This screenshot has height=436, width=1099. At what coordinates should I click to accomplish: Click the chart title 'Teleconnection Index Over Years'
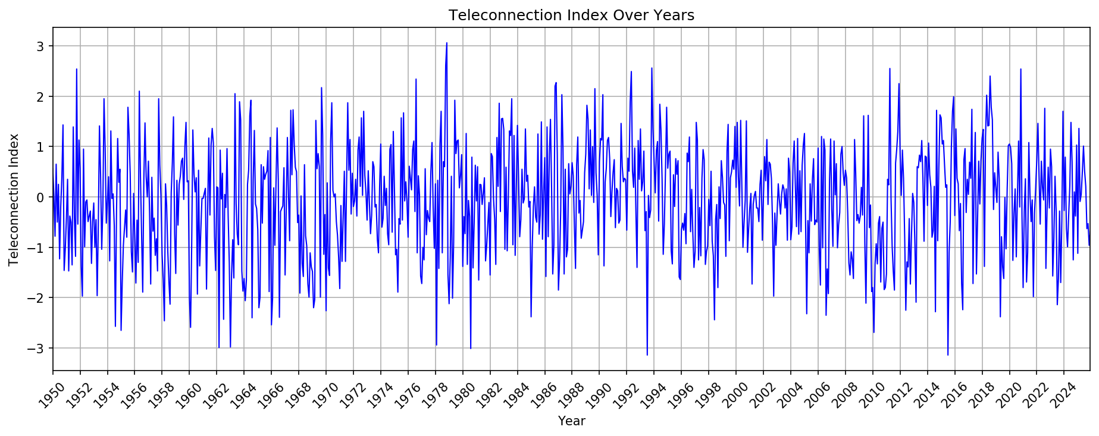[571, 15]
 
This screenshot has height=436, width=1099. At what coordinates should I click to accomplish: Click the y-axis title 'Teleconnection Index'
[14, 199]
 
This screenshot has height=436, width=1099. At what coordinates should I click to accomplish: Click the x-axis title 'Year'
[571, 422]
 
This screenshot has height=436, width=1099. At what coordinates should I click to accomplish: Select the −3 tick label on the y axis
[37, 348]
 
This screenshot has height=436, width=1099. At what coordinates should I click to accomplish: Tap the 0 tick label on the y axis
[41, 197]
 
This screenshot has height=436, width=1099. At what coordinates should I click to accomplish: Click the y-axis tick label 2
[41, 96]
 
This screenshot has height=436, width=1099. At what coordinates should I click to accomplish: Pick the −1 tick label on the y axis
[37, 247]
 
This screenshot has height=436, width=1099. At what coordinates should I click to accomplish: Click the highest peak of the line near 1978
[446, 43]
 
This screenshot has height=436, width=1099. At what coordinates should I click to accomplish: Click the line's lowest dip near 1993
[647, 355]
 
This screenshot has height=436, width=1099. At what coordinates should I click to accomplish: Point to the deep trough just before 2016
[948, 355]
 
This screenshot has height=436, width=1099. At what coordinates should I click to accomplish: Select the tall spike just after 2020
[1021, 69]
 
